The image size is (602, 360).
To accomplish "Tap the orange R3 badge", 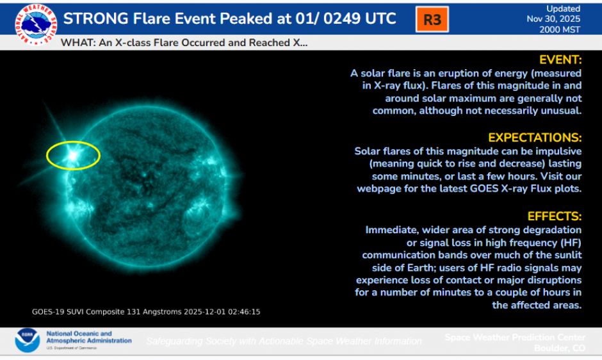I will pyautogui.click(x=432, y=20).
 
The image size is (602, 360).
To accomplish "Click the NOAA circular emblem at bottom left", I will pyautogui.click(x=27, y=340).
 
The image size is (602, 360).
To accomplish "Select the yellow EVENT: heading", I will pyautogui.click(x=560, y=60).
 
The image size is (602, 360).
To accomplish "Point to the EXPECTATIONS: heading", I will pyautogui.click(x=534, y=138).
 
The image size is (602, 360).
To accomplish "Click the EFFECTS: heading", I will pyautogui.click(x=554, y=216).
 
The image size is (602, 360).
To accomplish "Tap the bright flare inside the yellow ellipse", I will pyautogui.click(x=72, y=154).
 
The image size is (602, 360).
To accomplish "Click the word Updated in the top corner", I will pyautogui.click(x=563, y=9).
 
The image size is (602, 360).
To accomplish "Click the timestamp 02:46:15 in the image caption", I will pyautogui.click(x=242, y=312).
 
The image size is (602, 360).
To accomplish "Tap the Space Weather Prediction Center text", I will pyautogui.click(x=515, y=337).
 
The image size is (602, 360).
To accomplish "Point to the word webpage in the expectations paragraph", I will pyautogui.click(x=378, y=189).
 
